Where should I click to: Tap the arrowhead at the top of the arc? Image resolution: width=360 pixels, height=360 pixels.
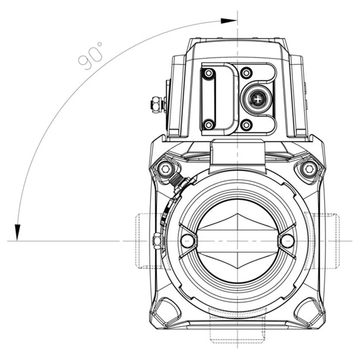tap(228, 21)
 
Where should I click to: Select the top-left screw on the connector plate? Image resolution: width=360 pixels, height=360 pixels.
tap(209, 73)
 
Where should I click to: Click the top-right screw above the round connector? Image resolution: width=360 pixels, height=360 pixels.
tap(246, 72)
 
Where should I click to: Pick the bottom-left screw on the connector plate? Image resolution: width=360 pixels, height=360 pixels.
tap(209, 125)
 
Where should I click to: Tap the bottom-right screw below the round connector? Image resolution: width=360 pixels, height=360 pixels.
tap(246, 125)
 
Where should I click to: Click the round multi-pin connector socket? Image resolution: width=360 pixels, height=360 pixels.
tap(257, 98)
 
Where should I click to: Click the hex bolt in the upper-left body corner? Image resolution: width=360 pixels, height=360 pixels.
tap(165, 169)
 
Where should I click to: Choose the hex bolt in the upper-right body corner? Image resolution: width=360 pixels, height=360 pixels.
tap(309, 169)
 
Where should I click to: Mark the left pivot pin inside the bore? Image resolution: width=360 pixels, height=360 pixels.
tap(187, 241)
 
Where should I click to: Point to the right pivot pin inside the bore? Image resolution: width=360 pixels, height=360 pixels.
tap(287, 241)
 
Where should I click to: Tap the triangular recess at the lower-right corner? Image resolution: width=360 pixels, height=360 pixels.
tap(308, 312)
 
